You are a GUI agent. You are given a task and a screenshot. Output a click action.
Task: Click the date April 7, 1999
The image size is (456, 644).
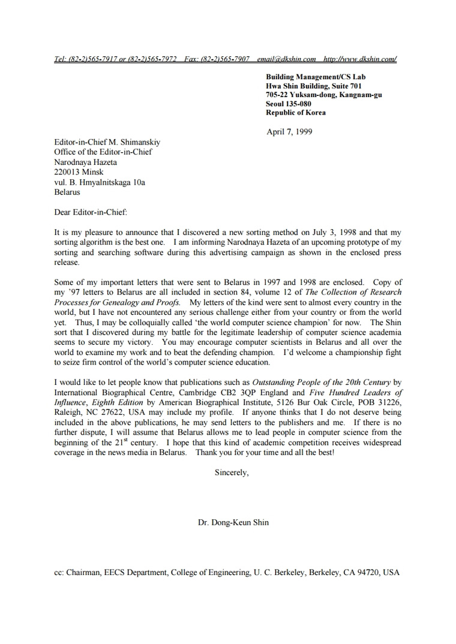[289, 132]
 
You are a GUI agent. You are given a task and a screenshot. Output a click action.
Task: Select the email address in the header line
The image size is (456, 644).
[286, 59]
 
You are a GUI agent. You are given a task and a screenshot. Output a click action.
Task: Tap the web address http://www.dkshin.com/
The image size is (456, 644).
[360, 59]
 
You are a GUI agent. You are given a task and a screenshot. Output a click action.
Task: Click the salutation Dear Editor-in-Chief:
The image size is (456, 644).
[91, 212]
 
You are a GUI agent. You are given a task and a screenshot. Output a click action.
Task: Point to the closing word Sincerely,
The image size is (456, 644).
[232, 473]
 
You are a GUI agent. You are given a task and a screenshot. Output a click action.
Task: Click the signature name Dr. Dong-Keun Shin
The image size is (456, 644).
[233, 522]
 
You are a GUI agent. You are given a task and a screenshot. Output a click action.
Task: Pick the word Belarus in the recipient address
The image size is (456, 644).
[67, 192]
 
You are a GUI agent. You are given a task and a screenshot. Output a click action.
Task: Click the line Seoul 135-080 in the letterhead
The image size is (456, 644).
[289, 104]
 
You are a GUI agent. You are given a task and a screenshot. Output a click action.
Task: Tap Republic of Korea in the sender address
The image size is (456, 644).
[296, 113]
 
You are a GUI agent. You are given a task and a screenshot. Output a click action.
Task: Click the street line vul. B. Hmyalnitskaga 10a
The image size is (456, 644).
[100, 182]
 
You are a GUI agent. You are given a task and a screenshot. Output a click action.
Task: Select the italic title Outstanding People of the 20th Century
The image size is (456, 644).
[321, 382]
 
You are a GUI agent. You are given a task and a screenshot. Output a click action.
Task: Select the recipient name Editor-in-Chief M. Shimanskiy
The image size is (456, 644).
[107, 142]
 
